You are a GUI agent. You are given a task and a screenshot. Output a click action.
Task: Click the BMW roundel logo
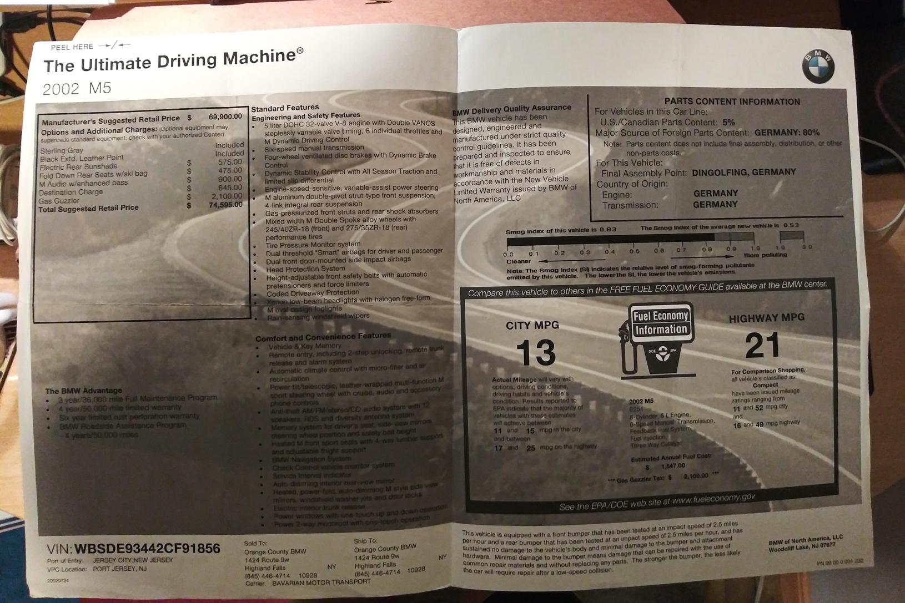coord(818,66)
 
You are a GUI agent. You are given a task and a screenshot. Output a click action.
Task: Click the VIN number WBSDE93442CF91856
coord(147,549)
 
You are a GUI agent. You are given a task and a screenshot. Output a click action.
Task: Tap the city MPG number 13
coord(536,353)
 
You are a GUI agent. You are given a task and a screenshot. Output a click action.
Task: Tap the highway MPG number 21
coord(762,346)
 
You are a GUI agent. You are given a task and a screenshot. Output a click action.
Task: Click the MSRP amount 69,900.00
coord(225,116)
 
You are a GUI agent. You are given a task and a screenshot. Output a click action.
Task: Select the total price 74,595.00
coord(226,205)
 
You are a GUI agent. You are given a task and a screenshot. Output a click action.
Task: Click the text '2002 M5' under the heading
coord(77,89)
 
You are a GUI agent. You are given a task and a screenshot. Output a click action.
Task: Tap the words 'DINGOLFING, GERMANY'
coord(743,173)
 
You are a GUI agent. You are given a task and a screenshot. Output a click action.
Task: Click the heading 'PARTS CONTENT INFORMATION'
coord(732,102)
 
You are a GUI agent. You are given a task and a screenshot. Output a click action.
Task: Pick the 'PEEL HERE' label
coord(72,47)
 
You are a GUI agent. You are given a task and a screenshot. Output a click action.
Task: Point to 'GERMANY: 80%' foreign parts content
coord(787,133)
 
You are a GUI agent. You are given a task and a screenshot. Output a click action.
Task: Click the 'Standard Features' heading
coord(285,108)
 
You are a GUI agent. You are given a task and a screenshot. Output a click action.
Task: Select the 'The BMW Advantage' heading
coord(83,391)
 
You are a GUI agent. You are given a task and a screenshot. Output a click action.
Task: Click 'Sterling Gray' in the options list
coord(62,150)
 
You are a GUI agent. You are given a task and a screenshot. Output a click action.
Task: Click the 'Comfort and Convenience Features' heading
coord(323,337)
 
